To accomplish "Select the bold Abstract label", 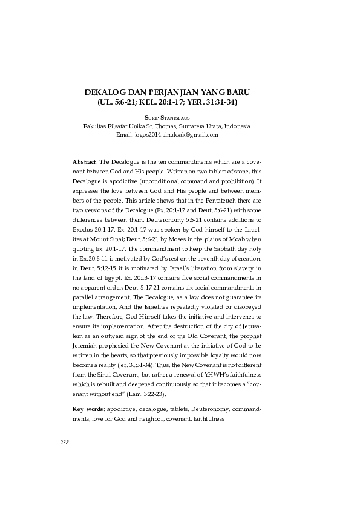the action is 84,163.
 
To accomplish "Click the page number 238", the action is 65,443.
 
